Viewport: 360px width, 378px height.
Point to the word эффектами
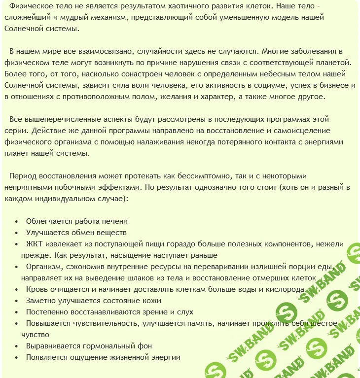(112, 187)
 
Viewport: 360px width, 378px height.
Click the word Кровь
(37, 289)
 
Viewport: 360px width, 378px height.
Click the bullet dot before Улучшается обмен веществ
(17, 233)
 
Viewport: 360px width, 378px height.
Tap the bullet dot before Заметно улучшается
(17, 301)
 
